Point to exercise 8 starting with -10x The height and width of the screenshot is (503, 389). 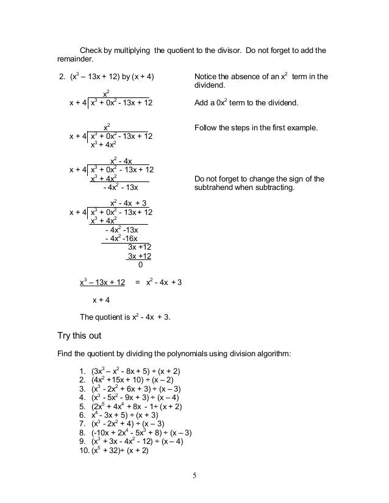coord(138,434)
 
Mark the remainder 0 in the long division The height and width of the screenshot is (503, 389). coord(141,265)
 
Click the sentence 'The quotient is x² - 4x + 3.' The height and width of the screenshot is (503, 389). coord(126,317)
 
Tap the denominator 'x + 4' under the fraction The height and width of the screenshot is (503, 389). coord(101,300)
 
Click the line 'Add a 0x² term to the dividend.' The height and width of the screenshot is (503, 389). coord(246,103)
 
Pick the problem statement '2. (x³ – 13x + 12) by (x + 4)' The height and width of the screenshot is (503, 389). coord(105,77)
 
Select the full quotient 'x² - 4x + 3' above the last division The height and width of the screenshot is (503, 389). coord(128,203)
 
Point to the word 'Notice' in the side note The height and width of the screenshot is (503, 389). coord(205,77)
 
